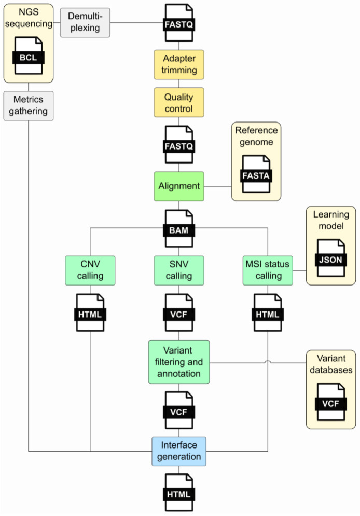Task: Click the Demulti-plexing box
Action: pos(85,22)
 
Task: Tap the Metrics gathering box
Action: pos(29,105)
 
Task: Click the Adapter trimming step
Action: pos(179,64)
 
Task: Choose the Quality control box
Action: pos(179,102)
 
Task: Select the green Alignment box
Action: pos(179,186)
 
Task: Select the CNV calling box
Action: pos(90,269)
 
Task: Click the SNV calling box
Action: pos(179,269)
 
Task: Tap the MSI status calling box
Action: pos(268,269)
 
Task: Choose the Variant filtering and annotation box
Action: pos(179,361)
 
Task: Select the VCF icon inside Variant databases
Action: pos(331,402)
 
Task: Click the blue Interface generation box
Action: pos(179,451)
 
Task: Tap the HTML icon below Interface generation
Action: pos(179,493)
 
